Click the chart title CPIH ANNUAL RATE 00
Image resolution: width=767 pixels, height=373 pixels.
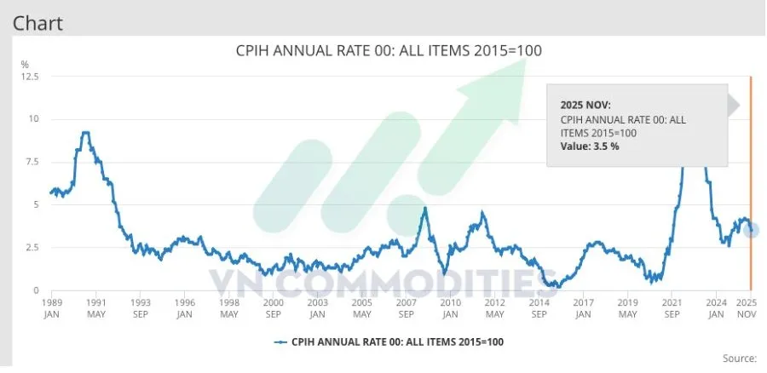click(x=388, y=51)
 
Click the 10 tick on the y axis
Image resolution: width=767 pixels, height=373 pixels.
click(x=34, y=119)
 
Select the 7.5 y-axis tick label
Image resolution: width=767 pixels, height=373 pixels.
click(x=31, y=162)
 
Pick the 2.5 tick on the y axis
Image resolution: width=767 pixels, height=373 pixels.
click(x=31, y=248)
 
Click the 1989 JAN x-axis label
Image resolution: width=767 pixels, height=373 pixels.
click(x=51, y=307)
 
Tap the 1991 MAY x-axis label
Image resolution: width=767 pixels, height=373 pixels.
click(x=95, y=307)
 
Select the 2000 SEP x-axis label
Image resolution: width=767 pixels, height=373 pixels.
click(x=273, y=307)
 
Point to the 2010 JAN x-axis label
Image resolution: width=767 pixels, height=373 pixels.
click(x=451, y=307)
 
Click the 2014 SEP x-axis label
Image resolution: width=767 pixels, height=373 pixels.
click(x=539, y=307)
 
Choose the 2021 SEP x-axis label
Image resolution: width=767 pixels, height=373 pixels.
click(x=672, y=307)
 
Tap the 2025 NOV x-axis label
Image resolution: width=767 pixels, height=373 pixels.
click(x=747, y=307)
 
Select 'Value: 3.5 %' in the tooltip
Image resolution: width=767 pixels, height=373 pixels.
click(x=590, y=146)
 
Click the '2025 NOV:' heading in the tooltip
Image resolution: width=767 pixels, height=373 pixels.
click(x=585, y=104)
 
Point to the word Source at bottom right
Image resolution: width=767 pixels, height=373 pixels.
click(x=738, y=359)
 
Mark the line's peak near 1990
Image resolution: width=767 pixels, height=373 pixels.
click(x=84, y=133)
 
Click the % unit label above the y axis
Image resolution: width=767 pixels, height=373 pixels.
click(x=25, y=65)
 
